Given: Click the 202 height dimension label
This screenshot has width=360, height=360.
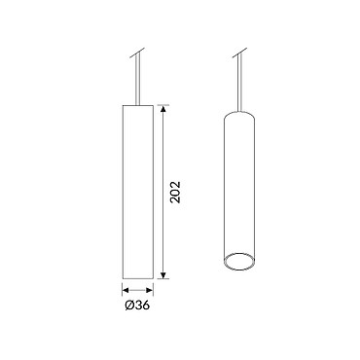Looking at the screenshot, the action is click(175, 192).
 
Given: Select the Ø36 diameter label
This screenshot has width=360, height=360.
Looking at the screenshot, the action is click(137, 306).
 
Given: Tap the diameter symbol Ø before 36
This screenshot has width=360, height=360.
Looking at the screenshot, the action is click(129, 306).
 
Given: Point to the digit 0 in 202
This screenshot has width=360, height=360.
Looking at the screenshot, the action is click(175, 192).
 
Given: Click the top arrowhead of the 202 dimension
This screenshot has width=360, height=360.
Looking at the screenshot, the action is click(163, 108).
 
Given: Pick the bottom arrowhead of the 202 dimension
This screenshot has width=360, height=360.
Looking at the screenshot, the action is click(163, 275).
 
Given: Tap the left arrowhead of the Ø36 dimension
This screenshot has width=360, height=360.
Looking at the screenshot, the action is click(126, 290).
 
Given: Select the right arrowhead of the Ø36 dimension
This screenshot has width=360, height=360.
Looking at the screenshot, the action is click(149, 290).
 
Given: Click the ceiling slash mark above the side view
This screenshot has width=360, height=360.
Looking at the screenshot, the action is click(137, 53).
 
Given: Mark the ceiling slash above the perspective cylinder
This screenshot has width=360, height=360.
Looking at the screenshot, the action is click(239, 53).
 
